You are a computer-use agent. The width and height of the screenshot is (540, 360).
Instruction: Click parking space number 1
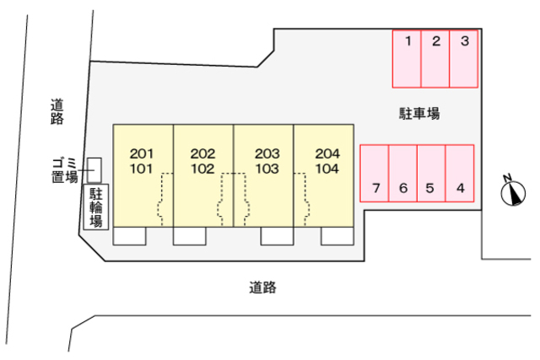point(407,59)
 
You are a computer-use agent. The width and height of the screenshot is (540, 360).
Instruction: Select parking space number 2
point(435,59)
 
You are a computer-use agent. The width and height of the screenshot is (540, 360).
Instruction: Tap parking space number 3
point(463,59)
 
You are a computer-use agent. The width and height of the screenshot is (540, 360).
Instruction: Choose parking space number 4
point(460,173)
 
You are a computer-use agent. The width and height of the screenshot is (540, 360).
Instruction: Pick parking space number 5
point(431,173)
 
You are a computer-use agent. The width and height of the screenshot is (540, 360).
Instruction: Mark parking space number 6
point(403,173)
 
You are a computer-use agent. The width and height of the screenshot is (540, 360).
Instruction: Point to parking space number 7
point(375,173)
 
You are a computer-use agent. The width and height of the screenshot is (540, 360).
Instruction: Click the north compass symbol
point(513,191)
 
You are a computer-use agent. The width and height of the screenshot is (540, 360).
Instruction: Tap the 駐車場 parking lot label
point(419,113)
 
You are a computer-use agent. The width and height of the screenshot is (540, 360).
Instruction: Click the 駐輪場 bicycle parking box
point(96,207)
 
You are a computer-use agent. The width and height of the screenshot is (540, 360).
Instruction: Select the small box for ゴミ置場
point(94,170)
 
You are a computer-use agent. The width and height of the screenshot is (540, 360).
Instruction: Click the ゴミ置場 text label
point(65,170)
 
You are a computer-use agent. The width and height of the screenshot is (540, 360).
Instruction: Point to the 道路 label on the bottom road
point(262,287)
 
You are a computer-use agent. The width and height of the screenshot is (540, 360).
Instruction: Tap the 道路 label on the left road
point(57,111)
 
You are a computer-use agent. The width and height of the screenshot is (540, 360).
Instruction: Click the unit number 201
point(142,153)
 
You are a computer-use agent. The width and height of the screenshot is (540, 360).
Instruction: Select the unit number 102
point(202,169)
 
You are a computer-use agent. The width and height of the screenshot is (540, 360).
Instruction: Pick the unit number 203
point(267,153)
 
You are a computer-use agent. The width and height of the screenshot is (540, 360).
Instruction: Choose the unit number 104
point(327,169)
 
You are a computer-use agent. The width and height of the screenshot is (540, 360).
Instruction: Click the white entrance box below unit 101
point(129,236)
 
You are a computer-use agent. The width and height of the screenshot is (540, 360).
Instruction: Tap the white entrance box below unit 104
point(337,236)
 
